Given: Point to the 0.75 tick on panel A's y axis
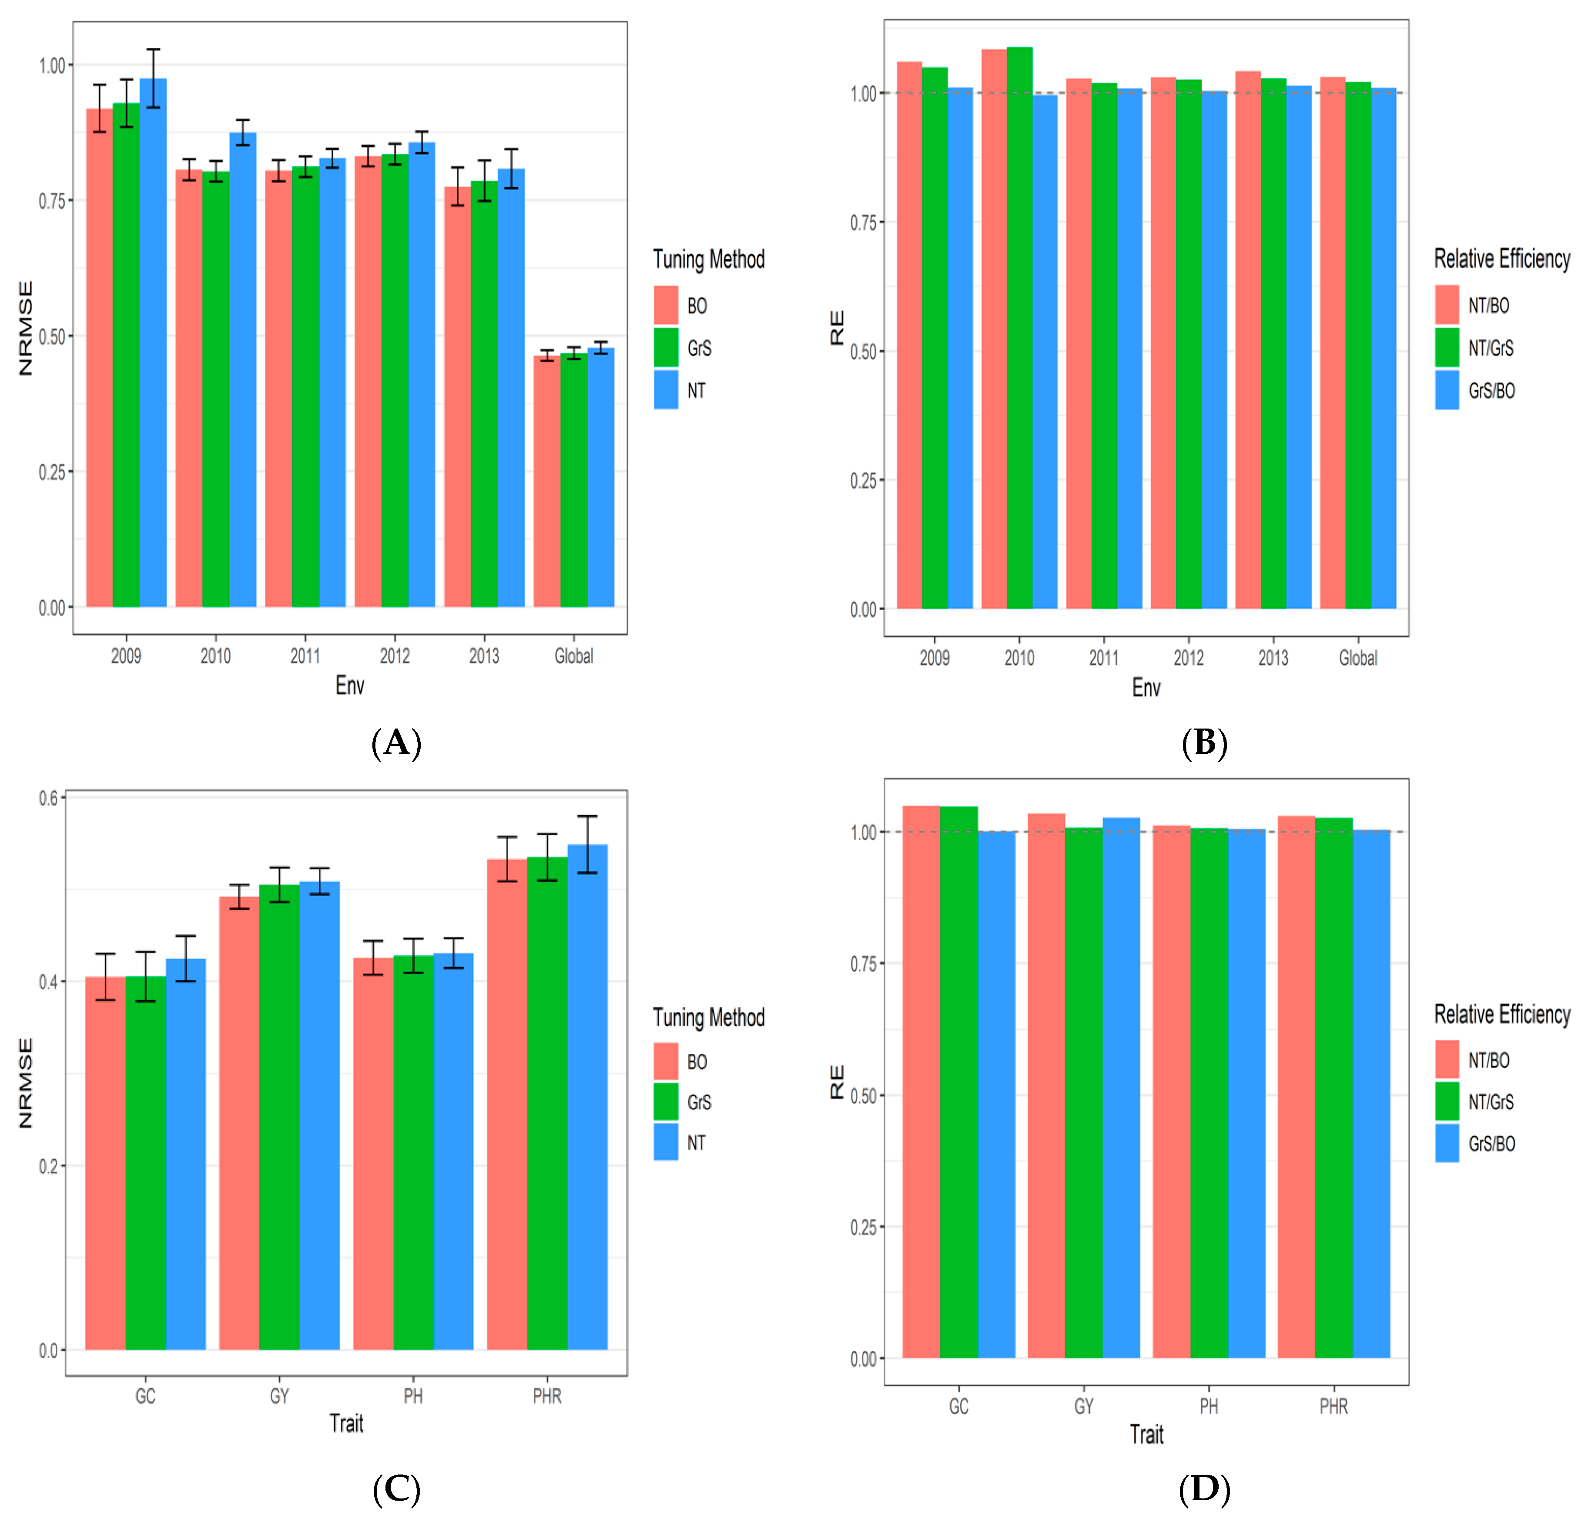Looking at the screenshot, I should click(53, 200).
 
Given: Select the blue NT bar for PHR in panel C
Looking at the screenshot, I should click(587, 1098).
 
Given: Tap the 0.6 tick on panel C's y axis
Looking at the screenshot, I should click(48, 798).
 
